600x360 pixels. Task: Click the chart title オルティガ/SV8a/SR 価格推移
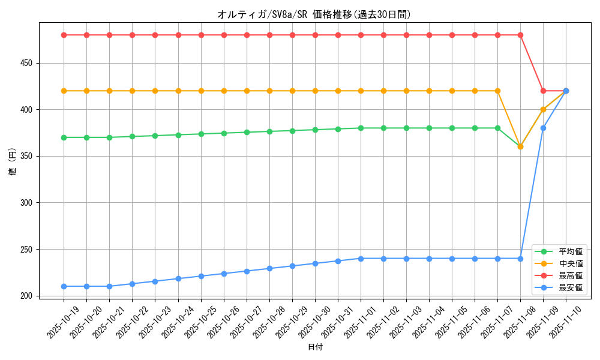pos(314,14)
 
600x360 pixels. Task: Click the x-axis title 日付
pos(315,347)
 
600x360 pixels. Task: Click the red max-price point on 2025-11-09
pos(543,91)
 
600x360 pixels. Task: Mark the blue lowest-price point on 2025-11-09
pos(543,128)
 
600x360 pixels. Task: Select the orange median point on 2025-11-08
pos(520,146)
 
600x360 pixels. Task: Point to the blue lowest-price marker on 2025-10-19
pos(64,286)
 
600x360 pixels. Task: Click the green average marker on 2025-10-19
pos(64,137)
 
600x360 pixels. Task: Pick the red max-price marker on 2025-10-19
pos(64,35)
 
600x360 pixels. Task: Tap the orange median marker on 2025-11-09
pos(543,109)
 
